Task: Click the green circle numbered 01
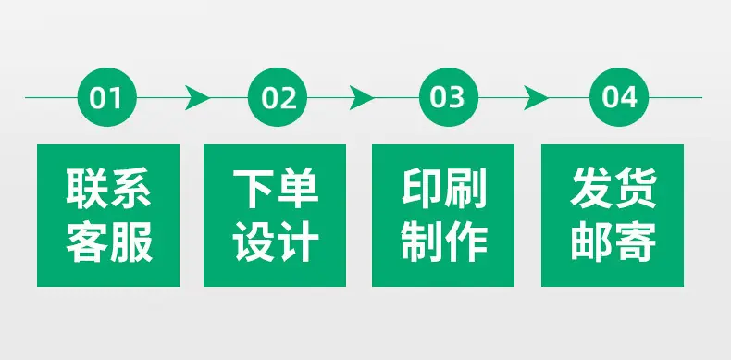(x=107, y=97)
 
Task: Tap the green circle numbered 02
(x=278, y=97)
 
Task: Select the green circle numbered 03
(x=449, y=97)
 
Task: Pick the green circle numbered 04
(x=619, y=97)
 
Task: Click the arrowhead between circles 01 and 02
(x=197, y=97)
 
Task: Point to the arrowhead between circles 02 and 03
(x=361, y=97)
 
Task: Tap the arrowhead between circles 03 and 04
(x=536, y=97)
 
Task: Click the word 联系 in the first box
(x=108, y=188)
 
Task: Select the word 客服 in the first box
(x=109, y=242)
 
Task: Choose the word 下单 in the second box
(x=276, y=188)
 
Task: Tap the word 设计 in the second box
(x=276, y=242)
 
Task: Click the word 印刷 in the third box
(x=444, y=188)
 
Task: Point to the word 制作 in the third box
(x=444, y=242)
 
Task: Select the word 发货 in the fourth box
(x=613, y=188)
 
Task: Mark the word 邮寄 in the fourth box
(x=613, y=242)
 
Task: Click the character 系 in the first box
(x=131, y=188)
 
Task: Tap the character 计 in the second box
(x=298, y=242)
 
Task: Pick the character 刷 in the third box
(x=465, y=188)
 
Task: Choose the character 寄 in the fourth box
(x=636, y=242)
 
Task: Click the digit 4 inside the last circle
(x=629, y=97)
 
